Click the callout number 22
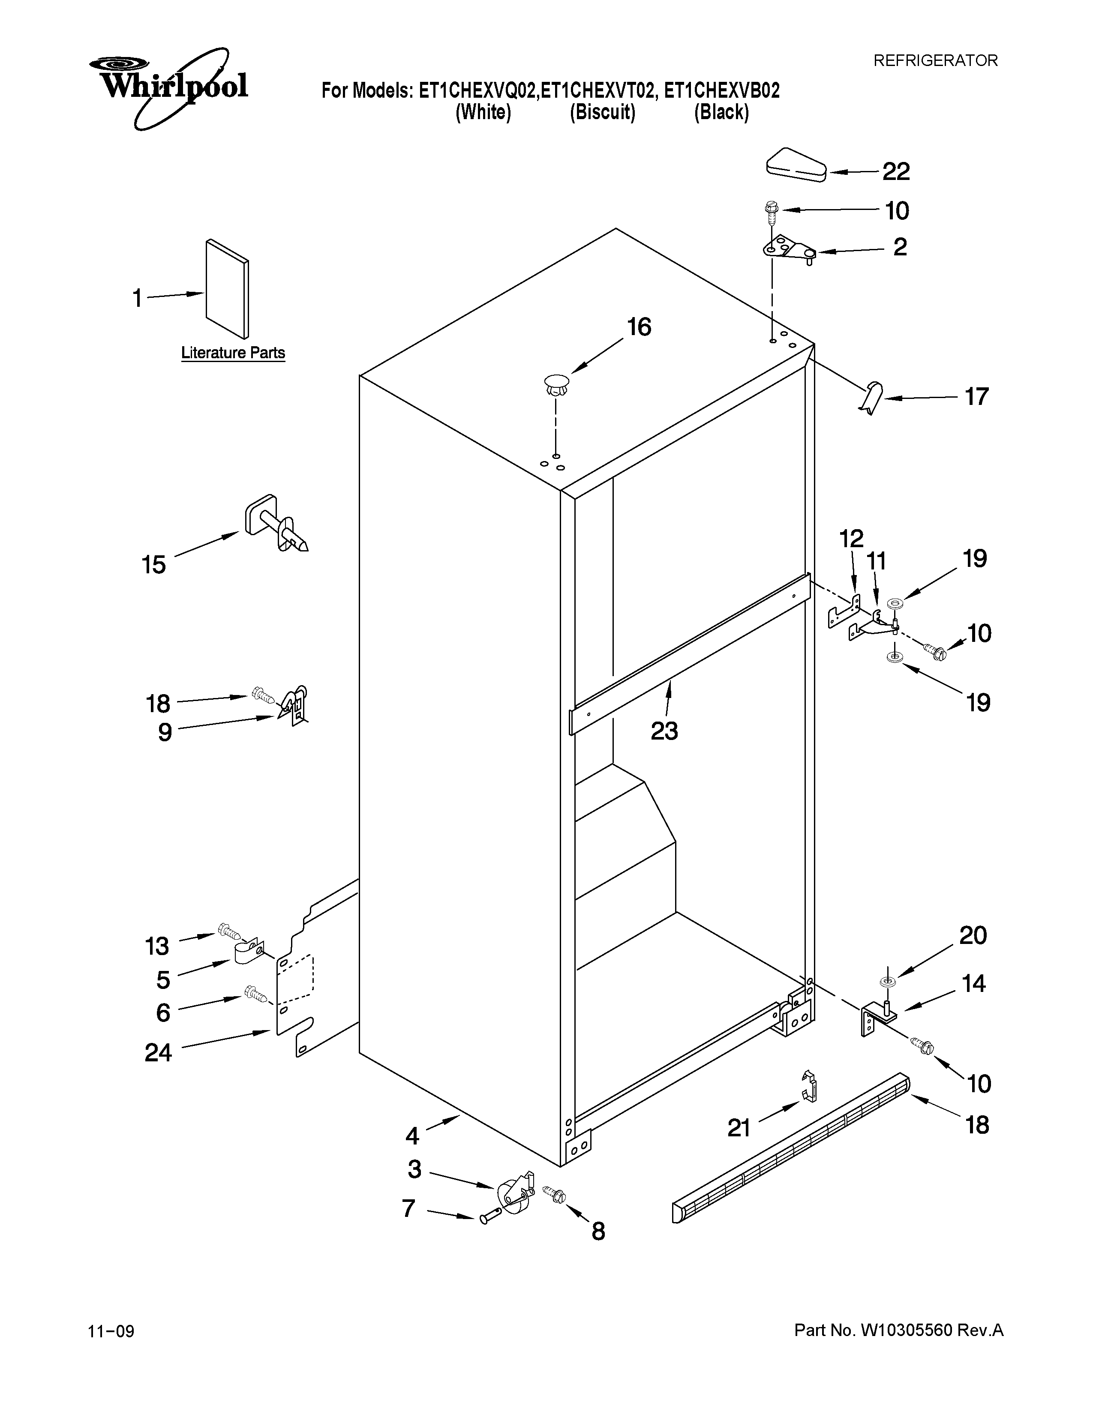[896, 171]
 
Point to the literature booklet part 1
[227, 289]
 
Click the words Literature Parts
[233, 353]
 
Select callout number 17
[976, 396]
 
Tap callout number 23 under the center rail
[664, 731]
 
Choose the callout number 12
[852, 538]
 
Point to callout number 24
[158, 1053]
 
